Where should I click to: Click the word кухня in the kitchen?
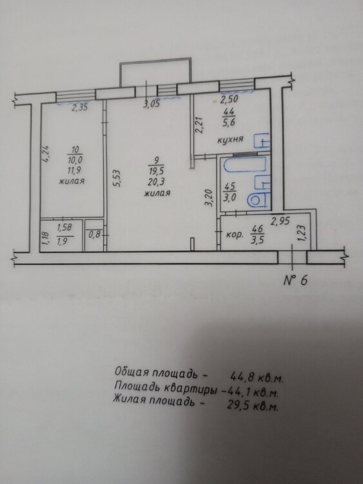pyautogui.click(x=230, y=139)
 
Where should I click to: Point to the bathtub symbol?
pyautogui.click(x=244, y=165)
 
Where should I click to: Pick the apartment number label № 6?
pyautogui.click(x=295, y=280)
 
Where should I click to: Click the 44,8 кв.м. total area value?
pyautogui.click(x=256, y=378)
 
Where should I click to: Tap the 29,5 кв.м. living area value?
pyautogui.click(x=252, y=406)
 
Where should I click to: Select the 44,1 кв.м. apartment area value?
pyautogui.click(x=252, y=392)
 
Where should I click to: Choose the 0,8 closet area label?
pyautogui.click(x=94, y=235)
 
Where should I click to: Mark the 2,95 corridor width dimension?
pyautogui.click(x=280, y=221)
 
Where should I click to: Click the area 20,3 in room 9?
pyautogui.click(x=157, y=182)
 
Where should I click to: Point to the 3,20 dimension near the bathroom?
pyautogui.click(x=210, y=197)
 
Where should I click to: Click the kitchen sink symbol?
pyautogui.click(x=262, y=141)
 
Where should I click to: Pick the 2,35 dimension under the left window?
pyautogui.click(x=80, y=108)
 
